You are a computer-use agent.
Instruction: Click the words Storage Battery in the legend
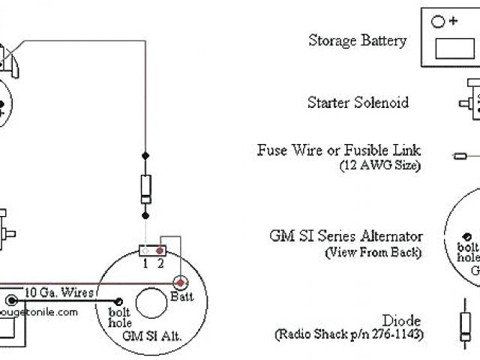tap(358, 40)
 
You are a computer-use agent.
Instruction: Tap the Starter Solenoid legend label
tap(358, 102)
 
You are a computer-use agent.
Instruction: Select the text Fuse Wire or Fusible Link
tap(349, 151)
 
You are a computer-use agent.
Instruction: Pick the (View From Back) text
tap(373, 252)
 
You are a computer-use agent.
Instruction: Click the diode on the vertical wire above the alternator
tap(145, 186)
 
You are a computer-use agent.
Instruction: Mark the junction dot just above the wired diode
tap(145, 157)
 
